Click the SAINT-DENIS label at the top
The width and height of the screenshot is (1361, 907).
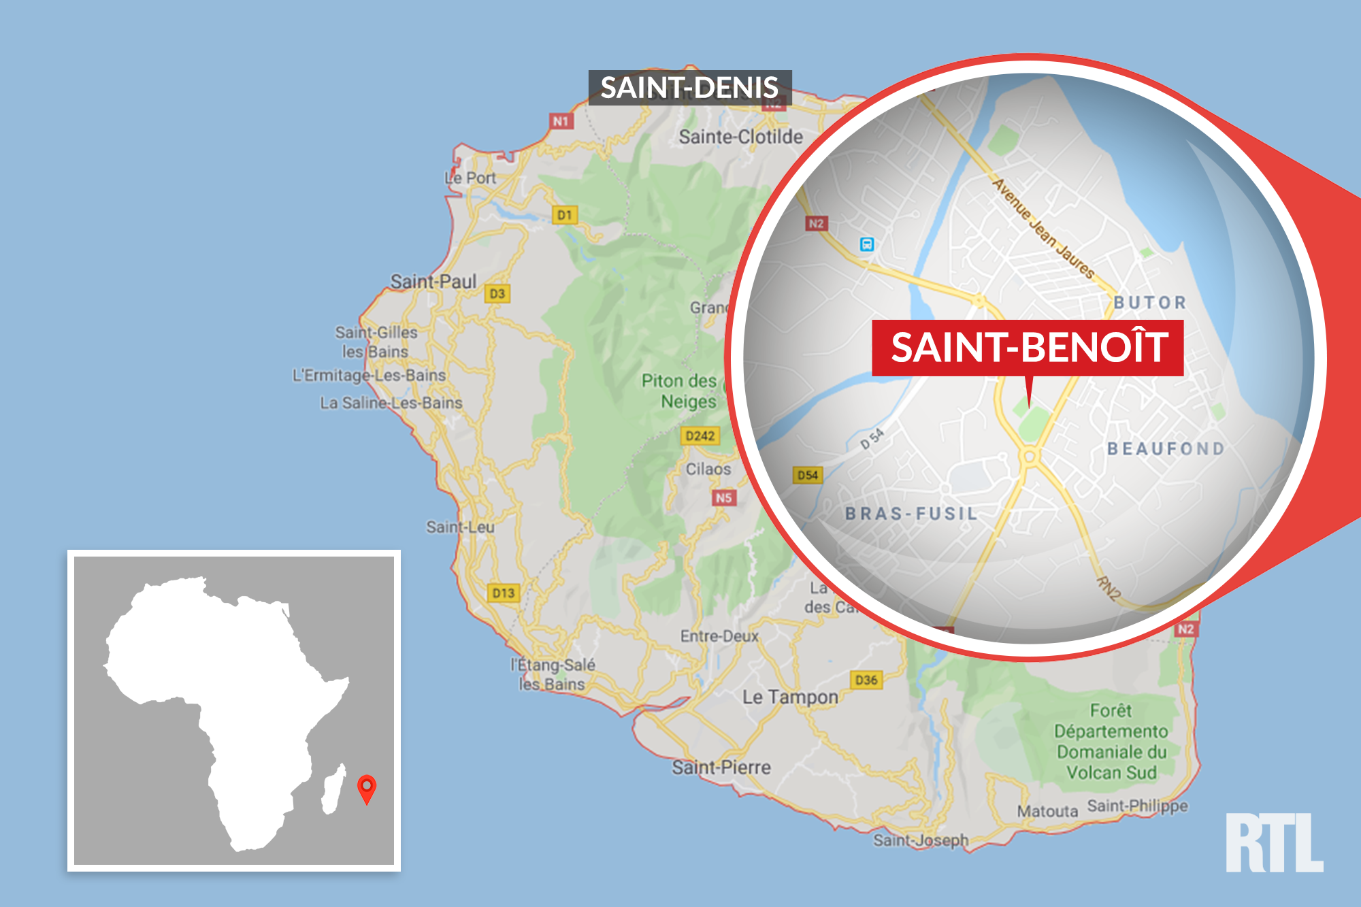[x=689, y=88]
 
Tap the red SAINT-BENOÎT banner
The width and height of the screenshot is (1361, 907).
[x=1028, y=347]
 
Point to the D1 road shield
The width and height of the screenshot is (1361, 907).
[x=564, y=215]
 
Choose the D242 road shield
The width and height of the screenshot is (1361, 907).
[x=700, y=435]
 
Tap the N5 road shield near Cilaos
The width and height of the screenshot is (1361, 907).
[x=723, y=498]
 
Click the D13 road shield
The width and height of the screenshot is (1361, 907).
[x=504, y=593]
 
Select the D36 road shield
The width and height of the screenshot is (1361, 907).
[x=866, y=680]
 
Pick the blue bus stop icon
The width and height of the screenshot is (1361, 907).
[x=866, y=244]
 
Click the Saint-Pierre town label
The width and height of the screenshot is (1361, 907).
[x=721, y=768]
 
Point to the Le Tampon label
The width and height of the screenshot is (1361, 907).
[x=790, y=697]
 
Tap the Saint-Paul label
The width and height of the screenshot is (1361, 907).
[x=433, y=281]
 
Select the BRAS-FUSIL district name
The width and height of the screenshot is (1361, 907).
[x=911, y=514]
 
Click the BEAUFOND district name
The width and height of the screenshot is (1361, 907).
[x=1166, y=449]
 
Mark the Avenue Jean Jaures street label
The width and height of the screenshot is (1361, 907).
[x=1043, y=228]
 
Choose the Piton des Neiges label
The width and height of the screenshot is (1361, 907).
[x=679, y=391]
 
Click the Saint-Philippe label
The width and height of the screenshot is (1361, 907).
[x=1137, y=806]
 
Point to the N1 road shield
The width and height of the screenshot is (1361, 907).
[x=561, y=121]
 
